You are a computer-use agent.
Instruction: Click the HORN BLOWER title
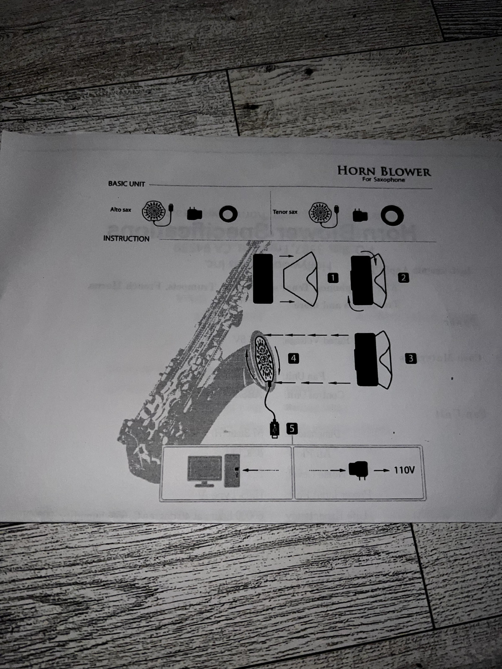[x=384, y=171]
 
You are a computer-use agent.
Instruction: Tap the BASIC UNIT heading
[x=126, y=184]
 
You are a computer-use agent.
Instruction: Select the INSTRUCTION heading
[x=126, y=239]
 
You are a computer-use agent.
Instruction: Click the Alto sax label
[x=120, y=209]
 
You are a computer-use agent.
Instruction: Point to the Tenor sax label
[x=285, y=212]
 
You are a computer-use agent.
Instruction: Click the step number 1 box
[x=333, y=278]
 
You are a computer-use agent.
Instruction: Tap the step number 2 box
[x=403, y=278]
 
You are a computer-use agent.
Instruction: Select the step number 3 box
[x=411, y=358]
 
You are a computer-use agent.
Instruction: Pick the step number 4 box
[x=293, y=358]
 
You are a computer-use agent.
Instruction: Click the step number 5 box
[x=292, y=428]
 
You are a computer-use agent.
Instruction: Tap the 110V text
[x=404, y=470]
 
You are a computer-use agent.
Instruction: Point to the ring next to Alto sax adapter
[x=228, y=214]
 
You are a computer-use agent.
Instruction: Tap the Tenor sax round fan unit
[x=320, y=213]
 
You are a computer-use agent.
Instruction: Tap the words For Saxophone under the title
[x=384, y=180]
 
